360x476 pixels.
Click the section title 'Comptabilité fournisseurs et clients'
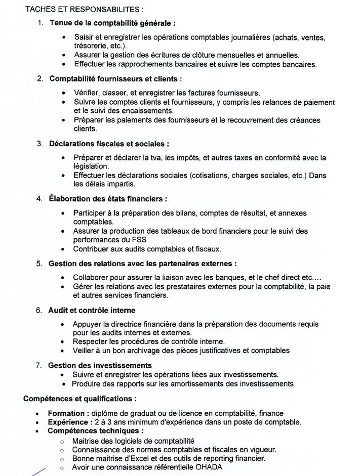pos(115,79)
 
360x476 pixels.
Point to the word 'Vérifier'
pos(87,93)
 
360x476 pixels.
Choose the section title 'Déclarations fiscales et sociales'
pos(109,144)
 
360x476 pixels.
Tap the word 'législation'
pos(91,166)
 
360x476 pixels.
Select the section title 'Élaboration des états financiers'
pos(107,199)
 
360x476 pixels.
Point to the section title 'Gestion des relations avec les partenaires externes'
pos(142,264)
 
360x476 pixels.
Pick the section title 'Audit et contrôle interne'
pos(92,310)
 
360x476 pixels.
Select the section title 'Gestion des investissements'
pos(100,365)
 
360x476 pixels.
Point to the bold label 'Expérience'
pos(67,422)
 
